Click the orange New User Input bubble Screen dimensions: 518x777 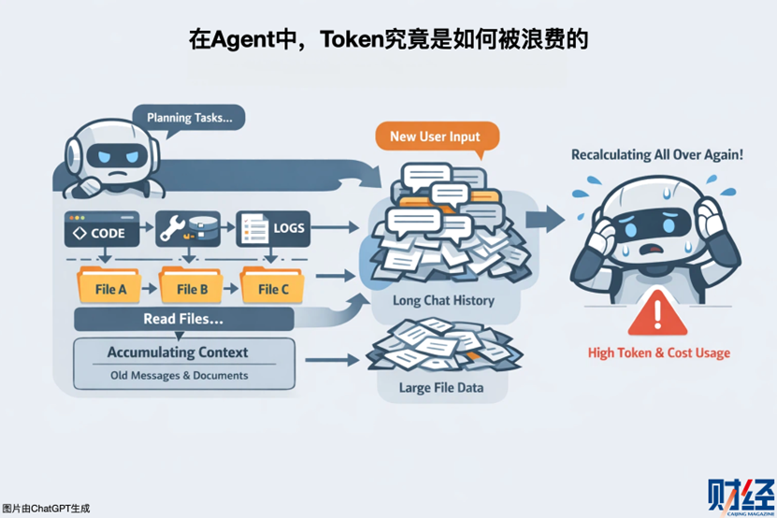(x=436, y=137)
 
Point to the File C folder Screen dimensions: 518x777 (x=270, y=286)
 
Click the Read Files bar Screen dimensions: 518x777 (x=183, y=319)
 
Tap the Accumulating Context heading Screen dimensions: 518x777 (x=178, y=353)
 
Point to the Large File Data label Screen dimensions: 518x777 (x=439, y=386)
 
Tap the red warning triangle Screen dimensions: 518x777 (x=659, y=313)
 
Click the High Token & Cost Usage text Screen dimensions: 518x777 (x=659, y=353)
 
